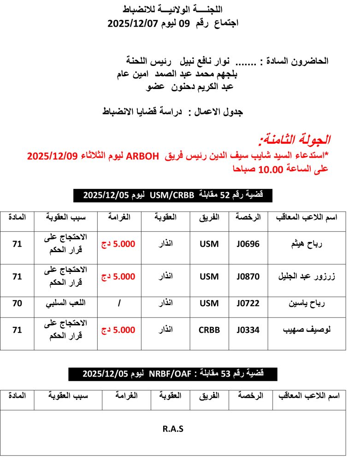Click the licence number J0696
[x=248, y=244]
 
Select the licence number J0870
[x=248, y=277]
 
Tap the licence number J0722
[x=248, y=304]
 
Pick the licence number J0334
[x=248, y=330]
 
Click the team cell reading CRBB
[x=209, y=330]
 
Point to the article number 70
[x=17, y=304]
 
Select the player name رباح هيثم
[x=307, y=244]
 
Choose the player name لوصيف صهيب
[x=307, y=330]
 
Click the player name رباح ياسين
[x=307, y=304]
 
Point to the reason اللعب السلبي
[x=65, y=304]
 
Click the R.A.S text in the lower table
[x=173, y=429]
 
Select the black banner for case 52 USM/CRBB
[x=173, y=195]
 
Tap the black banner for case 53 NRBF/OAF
[x=173, y=374]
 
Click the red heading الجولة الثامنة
[x=295, y=139]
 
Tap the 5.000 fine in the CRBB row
[x=118, y=330]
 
